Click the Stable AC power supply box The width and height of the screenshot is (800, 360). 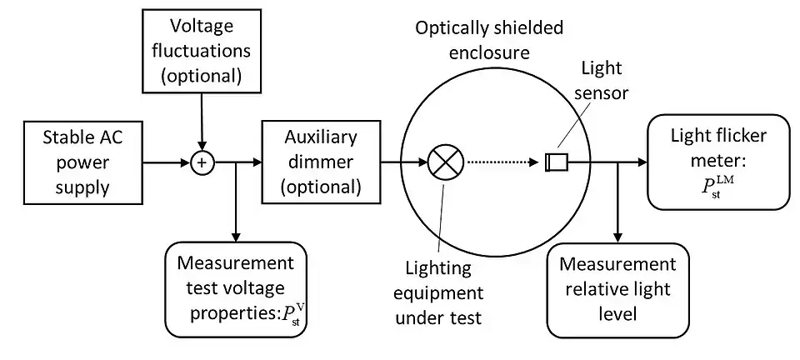click(77, 162)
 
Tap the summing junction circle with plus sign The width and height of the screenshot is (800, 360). click(200, 162)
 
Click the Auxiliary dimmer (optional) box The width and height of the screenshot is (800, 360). click(321, 162)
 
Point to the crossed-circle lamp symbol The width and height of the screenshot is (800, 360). click(442, 162)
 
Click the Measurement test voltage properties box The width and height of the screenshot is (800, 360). click(236, 290)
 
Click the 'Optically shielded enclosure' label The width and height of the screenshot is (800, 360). click(489, 39)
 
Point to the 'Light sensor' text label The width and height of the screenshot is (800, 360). click(601, 79)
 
